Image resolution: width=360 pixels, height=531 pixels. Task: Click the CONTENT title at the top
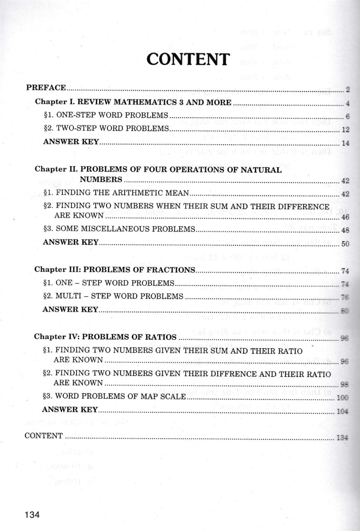tap(188, 59)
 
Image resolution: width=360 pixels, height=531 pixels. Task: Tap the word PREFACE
tap(46, 87)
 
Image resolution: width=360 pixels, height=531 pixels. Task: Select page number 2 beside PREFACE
tap(348, 90)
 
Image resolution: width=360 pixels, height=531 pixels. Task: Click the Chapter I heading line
tap(133, 101)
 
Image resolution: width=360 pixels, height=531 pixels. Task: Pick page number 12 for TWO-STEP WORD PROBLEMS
tap(346, 130)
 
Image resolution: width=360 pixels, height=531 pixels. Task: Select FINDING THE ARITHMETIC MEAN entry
tap(117, 192)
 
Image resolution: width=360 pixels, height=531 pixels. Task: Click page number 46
tap(346, 217)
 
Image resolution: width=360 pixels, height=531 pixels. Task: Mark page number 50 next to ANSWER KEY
tap(346, 244)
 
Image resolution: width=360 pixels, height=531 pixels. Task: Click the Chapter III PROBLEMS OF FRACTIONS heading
tap(115, 269)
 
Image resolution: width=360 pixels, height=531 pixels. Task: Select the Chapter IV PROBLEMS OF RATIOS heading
tap(106, 336)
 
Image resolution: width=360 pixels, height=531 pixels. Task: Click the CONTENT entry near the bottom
tap(44, 435)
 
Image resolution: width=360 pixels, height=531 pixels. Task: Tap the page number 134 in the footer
tap(33, 515)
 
